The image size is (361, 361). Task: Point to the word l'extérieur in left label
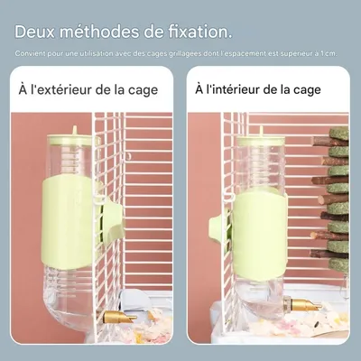click(x=65, y=90)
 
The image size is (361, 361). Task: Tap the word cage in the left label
click(x=142, y=90)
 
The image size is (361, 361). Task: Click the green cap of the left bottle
click(x=70, y=139)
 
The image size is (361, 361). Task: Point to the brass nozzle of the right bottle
click(x=306, y=307)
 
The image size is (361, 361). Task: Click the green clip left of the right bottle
click(x=219, y=227)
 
